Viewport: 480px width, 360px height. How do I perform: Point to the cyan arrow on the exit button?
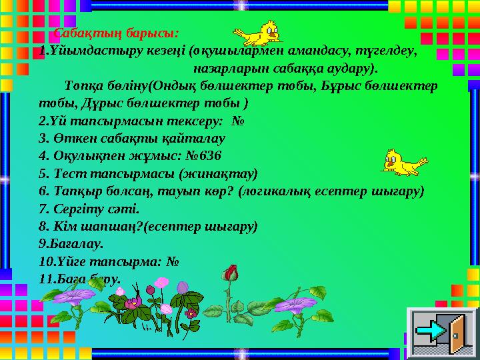(x=436, y=331)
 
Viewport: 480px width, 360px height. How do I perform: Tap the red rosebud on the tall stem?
(x=231, y=273)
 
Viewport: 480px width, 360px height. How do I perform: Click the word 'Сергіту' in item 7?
(x=79, y=208)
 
